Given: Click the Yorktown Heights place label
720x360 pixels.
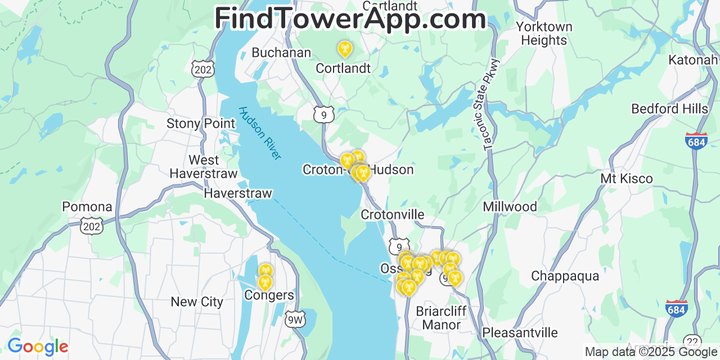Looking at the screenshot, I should [x=544, y=34].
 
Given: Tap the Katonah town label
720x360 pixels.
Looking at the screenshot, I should [x=693, y=60].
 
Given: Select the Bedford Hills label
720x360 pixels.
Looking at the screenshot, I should [x=669, y=109].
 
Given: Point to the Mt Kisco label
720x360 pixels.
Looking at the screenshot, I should [x=627, y=179].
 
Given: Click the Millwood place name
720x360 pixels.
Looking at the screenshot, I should [x=510, y=206].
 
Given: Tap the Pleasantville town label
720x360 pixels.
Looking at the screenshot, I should [x=520, y=332].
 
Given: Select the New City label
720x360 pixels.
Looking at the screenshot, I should [x=197, y=301].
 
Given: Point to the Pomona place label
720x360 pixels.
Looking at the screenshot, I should [x=87, y=206].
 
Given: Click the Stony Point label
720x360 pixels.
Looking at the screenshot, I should [x=201, y=123].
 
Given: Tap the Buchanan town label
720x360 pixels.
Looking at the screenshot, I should [x=281, y=52].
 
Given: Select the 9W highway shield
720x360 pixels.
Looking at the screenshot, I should [x=295, y=319].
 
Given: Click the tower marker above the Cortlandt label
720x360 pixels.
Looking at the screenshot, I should [x=344, y=49].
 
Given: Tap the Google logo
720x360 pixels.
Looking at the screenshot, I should [x=38, y=346].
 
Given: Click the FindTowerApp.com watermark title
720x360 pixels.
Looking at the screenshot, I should [x=350, y=19].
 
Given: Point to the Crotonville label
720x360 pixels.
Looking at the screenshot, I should [x=393, y=215].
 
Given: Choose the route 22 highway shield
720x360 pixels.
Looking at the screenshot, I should [x=692, y=341].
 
